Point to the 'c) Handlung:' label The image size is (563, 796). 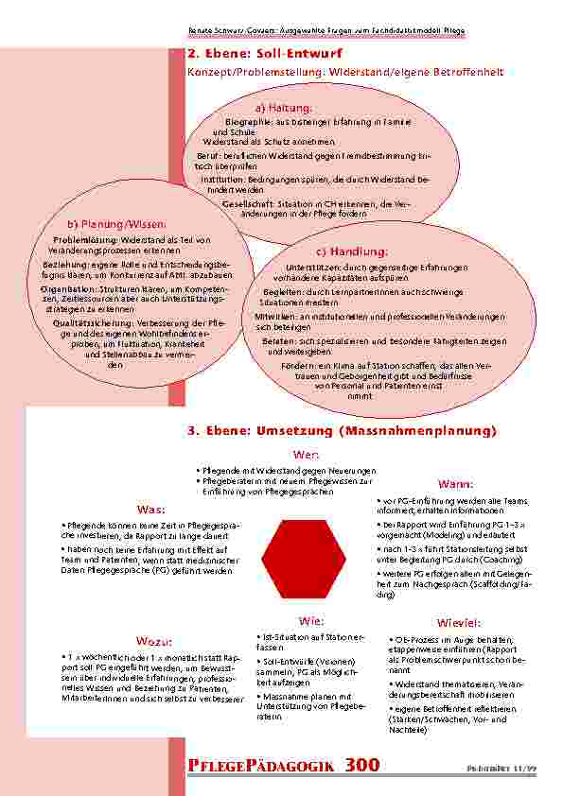tap(351, 251)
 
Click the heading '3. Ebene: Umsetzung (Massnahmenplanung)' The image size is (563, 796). tap(343, 431)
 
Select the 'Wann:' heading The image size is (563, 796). tap(456, 482)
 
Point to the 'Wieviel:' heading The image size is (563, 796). tap(459, 622)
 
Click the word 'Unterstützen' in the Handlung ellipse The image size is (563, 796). tap(308, 267)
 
